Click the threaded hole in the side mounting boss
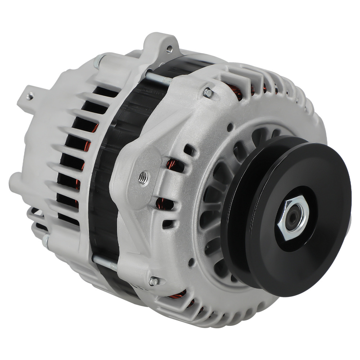point(143,177)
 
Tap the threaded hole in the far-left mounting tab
point(31,96)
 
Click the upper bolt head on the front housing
point(208,93)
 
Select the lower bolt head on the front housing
point(153,281)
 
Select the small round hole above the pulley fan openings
point(229,126)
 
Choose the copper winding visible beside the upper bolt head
point(238,92)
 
